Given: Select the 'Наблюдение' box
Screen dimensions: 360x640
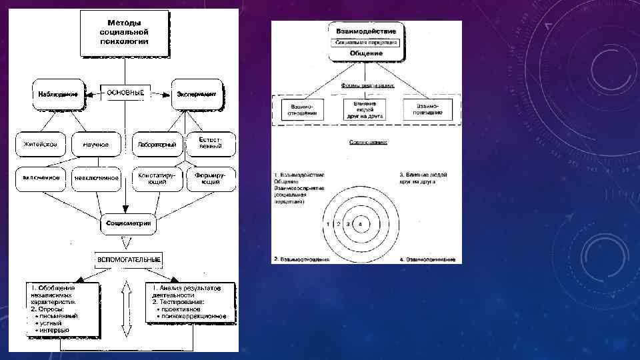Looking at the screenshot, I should pos(58,95).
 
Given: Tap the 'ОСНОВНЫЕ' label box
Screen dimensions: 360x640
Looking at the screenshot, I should pos(125,93).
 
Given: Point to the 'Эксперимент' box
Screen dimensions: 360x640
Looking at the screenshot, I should pos(197,95).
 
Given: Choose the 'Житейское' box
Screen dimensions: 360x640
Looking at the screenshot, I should pos(41,144).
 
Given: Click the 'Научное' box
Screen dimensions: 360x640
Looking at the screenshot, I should pos(96,144).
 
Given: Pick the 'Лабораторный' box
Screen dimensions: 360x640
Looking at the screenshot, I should pos(157,144).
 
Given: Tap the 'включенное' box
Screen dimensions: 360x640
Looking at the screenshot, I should pos(41,178).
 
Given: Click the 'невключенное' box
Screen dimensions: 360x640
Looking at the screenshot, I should pos(97,178).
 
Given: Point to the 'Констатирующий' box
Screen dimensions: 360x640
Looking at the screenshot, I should pos(157,178).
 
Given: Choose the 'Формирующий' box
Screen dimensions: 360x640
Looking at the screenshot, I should pos(211,178).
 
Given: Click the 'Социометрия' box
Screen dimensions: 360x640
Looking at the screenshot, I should pos(127,223).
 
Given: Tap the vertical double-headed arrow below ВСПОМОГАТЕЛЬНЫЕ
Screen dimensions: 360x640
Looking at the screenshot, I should pos(125,310).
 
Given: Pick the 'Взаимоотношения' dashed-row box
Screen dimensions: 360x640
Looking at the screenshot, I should pos(303,109).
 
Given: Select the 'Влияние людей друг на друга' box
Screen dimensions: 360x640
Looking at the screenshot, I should pos(366,109).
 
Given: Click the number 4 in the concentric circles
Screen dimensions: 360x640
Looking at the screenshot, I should pos(360,225).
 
